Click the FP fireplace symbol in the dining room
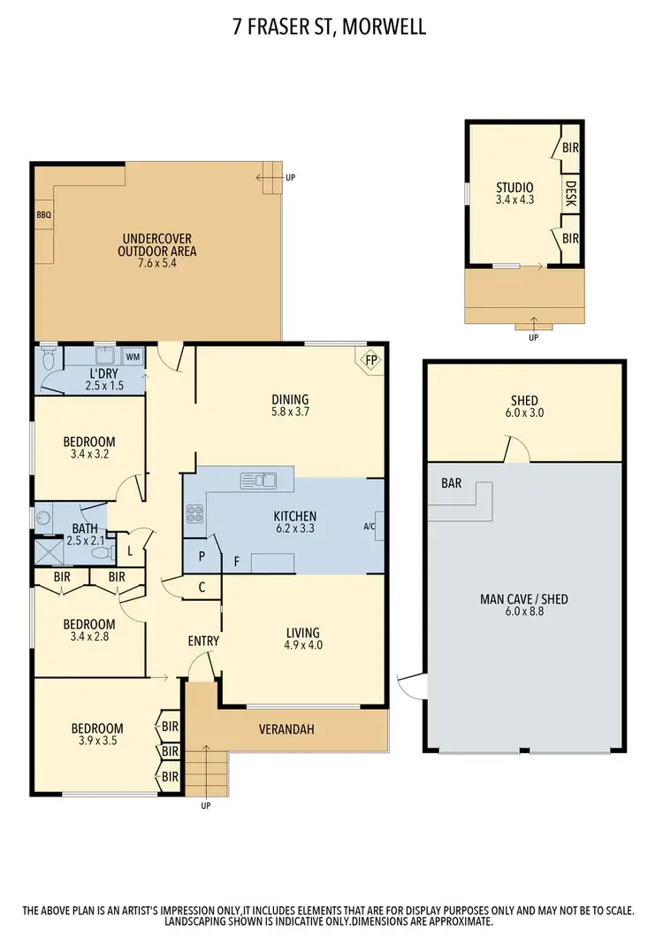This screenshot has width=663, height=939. [371, 360]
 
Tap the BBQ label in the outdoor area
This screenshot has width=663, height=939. [43, 214]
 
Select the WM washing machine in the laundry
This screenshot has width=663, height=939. [133, 357]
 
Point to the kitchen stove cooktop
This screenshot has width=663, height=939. [194, 514]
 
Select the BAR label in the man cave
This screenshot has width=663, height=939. [451, 484]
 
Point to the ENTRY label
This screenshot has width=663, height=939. [203, 641]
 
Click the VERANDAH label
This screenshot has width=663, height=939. [286, 729]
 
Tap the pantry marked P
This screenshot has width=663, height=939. [202, 558]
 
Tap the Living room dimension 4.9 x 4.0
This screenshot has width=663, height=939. [302, 646]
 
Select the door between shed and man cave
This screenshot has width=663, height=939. [514, 450]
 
